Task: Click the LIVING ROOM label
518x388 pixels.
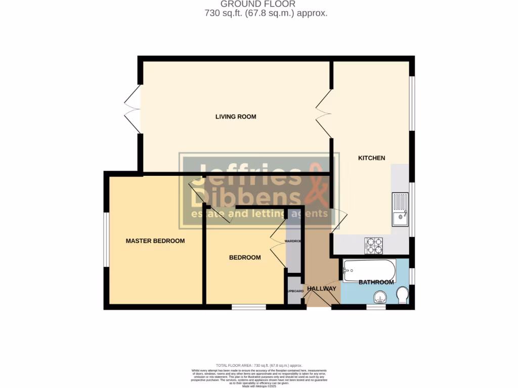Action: point(236,117)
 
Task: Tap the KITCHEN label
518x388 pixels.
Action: point(371,158)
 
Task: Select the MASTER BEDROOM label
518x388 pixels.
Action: point(155,241)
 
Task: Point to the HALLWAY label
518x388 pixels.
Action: point(321,288)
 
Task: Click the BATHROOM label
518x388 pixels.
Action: point(376,282)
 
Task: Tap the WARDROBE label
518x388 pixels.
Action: point(293,241)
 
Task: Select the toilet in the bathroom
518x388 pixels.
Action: point(403,296)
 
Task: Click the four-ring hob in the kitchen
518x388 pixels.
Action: point(374,246)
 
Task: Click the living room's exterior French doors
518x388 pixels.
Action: point(132,109)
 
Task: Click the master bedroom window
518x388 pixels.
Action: point(106,239)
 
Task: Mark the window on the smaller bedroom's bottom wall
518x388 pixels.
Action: point(249,307)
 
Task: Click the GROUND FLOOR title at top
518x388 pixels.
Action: point(258,4)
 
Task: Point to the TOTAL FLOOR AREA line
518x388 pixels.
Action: point(258,365)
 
